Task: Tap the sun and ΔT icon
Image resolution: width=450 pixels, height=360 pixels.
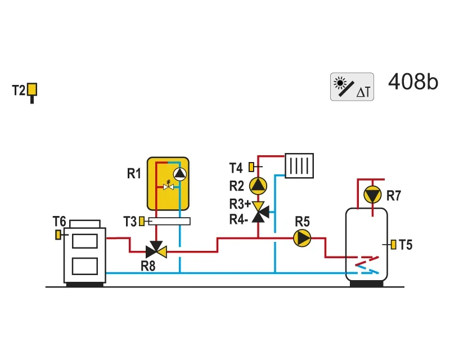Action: coord(352,87)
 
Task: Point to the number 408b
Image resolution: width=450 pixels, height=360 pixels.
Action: coord(413,82)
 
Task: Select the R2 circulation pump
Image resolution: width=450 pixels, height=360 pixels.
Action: coord(258,186)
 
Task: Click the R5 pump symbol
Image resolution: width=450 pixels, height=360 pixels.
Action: coord(302,238)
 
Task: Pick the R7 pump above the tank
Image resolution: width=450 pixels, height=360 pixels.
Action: coord(372,195)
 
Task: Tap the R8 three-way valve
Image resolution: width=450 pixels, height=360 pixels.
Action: coord(156,250)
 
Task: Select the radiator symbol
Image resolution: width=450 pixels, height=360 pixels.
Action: coord(299,165)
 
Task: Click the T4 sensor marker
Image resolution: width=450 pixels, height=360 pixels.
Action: coord(251,167)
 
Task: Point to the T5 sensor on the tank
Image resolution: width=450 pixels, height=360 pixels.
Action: coord(393,245)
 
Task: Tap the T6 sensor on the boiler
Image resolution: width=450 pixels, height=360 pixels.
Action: coord(58,235)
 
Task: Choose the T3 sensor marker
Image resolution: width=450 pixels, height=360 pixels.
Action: coord(142,221)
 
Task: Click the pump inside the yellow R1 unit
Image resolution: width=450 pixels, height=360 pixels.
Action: coord(180,174)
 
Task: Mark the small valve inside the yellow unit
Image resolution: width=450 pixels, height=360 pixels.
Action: coord(168,186)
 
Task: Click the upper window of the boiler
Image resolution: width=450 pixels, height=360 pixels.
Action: coord(85,241)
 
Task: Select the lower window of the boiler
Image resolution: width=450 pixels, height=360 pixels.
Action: coord(85,266)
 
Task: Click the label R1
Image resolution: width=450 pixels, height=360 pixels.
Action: coord(134,174)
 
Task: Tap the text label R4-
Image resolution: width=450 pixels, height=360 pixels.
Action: coord(238,219)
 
